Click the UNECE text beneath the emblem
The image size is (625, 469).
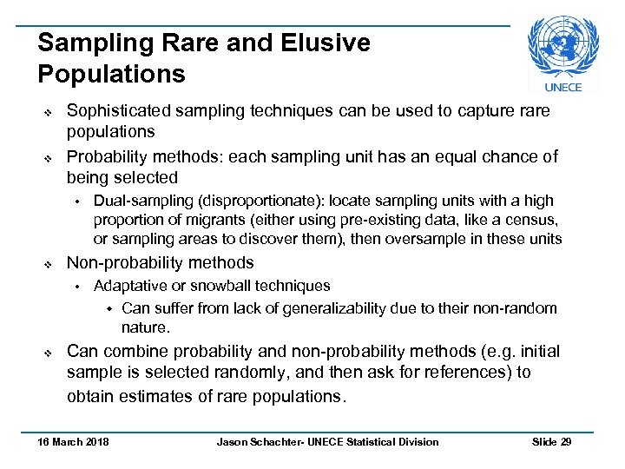pos(563,87)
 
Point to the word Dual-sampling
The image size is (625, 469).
pos(135,200)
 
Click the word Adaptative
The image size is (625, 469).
pos(129,286)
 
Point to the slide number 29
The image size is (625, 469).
pos(566,442)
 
